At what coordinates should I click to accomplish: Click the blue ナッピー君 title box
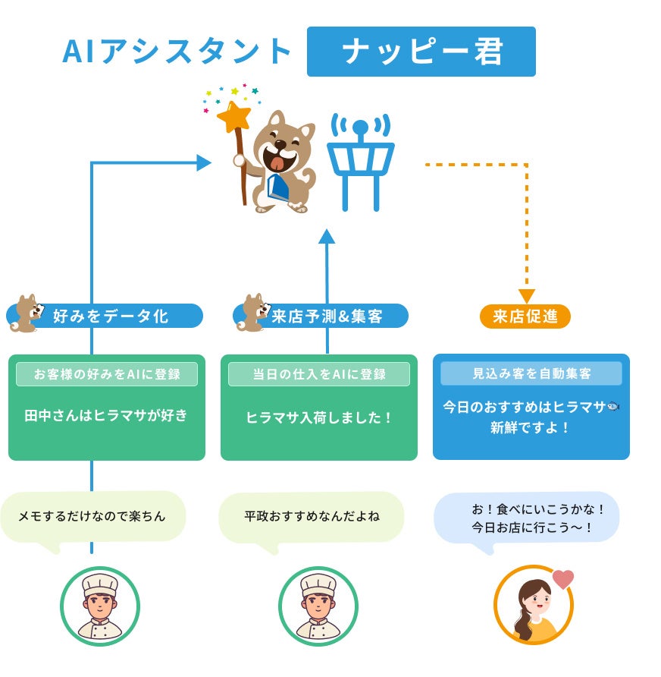(421, 52)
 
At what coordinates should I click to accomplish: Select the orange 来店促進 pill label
(525, 316)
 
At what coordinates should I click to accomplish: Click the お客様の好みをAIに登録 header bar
(107, 373)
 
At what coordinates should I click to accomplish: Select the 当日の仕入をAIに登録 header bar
(319, 373)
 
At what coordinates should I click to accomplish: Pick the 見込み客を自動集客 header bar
(531, 373)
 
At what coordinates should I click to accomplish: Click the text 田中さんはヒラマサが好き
(106, 416)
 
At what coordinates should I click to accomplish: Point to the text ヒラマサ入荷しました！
(319, 417)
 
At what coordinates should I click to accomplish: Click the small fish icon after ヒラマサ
(613, 407)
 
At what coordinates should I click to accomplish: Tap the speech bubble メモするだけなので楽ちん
(92, 517)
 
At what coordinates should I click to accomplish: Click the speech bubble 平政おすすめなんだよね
(312, 517)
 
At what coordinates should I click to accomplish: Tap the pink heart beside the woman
(562, 579)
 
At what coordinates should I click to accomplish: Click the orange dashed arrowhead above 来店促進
(526, 296)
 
